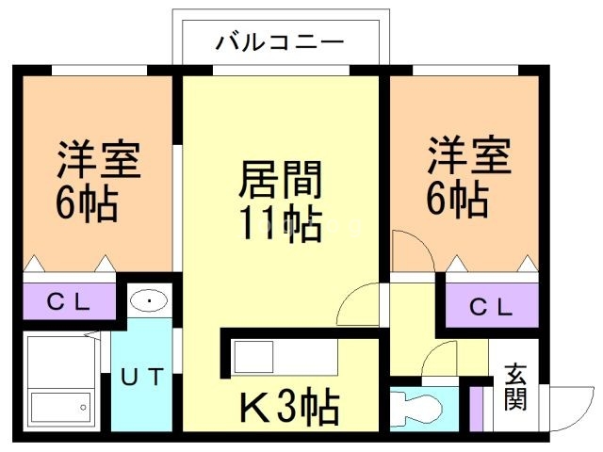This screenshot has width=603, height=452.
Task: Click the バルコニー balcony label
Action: point(280,42)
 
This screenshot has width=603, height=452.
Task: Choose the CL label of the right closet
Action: point(491,307)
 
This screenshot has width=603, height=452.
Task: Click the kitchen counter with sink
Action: point(283,359)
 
